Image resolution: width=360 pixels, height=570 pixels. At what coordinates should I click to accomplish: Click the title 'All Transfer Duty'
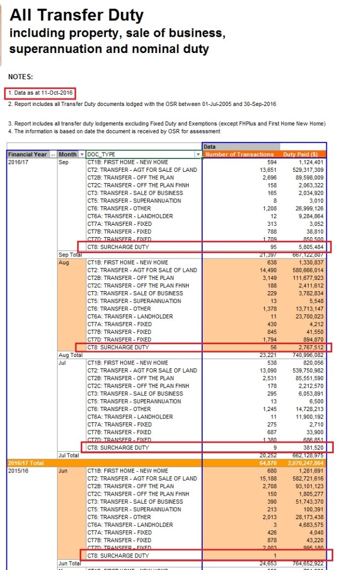point(76,15)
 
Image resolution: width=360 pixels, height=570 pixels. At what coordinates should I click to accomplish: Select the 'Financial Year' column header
point(28,154)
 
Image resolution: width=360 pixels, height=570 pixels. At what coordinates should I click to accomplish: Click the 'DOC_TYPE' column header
point(102,154)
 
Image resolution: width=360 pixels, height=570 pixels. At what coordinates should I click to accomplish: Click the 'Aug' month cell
point(64,262)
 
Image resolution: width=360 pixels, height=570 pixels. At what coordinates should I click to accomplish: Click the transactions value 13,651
point(264,170)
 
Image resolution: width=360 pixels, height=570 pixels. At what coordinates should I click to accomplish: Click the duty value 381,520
point(310,447)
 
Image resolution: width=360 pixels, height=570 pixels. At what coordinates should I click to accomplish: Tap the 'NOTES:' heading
point(21,77)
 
